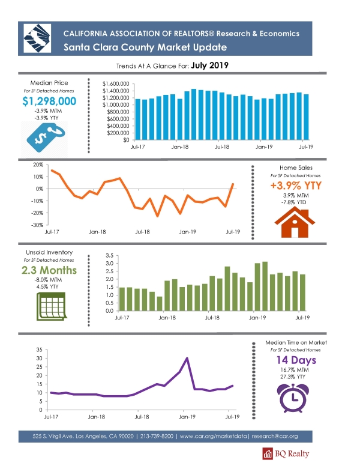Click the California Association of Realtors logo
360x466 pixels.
pos(37,38)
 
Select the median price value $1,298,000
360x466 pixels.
pos(49,101)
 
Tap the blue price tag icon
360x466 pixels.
pos(46,138)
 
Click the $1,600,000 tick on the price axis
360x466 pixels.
pos(116,84)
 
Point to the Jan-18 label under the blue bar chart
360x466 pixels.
pos(180,147)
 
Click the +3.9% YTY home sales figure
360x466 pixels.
pos(296,186)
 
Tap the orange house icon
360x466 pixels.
pos(295,222)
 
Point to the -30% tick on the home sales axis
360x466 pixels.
pos(37,225)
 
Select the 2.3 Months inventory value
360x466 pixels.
pos(49,270)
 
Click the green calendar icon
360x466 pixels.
pos(52,306)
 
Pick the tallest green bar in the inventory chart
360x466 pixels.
pos(265,286)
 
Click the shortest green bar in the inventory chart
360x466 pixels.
pos(160,304)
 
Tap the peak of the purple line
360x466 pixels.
pos(187,358)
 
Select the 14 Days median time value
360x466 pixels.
pos(296,360)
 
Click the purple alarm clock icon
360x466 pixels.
pos(293,398)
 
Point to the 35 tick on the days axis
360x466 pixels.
pos(40,349)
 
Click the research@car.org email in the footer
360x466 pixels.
pos(274,437)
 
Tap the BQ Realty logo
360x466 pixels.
pos(286,453)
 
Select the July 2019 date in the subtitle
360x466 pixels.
pos(210,65)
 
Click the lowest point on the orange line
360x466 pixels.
pos(157,216)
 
